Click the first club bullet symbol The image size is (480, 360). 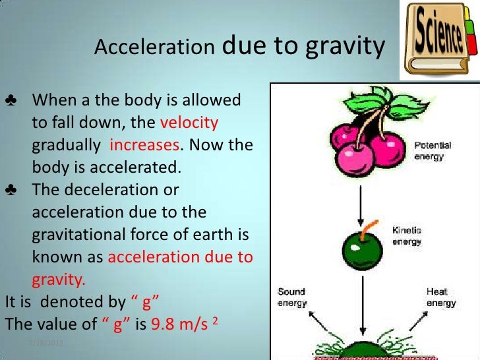click(x=12, y=102)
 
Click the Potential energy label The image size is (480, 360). click(x=433, y=151)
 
